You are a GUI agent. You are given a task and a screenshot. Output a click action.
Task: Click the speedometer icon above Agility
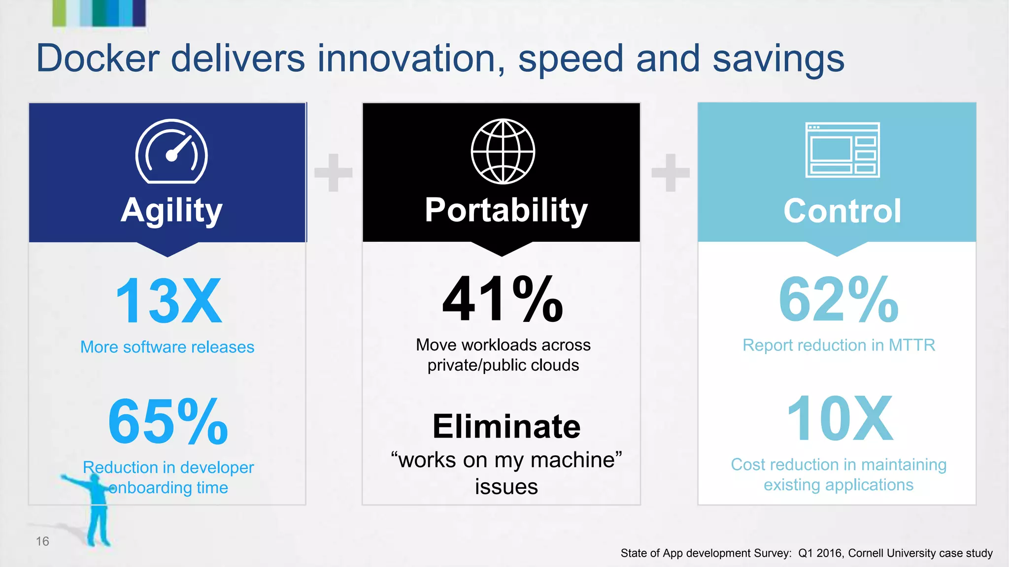(171, 152)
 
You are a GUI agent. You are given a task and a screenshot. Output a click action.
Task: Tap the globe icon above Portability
(503, 152)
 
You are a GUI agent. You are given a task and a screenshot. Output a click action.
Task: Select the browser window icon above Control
(842, 150)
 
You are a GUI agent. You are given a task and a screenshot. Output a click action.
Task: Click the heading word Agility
(171, 211)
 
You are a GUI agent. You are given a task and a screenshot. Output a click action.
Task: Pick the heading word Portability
(506, 211)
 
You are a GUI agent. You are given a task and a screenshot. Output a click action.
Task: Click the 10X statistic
(840, 419)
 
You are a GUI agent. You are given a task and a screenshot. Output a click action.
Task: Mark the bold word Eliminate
(506, 426)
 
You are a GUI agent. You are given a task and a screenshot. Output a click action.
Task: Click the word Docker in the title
(98, 59)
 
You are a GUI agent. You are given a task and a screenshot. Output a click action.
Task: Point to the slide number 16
(42, 541)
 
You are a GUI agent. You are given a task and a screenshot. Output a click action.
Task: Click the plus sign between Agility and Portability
(334, 172)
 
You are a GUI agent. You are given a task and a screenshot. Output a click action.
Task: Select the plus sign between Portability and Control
(670, 172)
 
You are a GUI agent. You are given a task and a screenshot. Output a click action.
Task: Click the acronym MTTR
(911, 346)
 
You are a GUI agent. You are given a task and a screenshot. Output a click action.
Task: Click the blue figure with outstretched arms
(96, 512)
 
